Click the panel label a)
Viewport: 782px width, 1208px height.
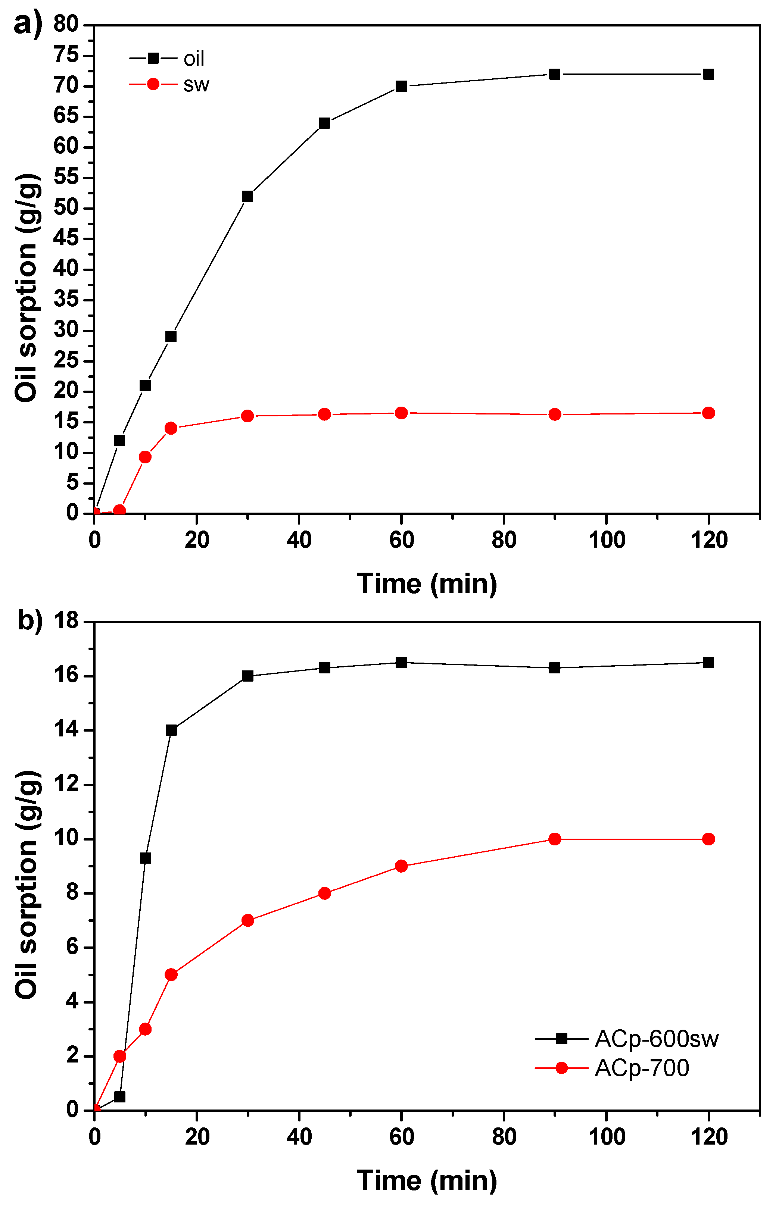[x=28, y=24]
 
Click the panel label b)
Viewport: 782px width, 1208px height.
[x=30, y=620]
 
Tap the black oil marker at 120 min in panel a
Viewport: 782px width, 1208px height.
[x=708, y=75]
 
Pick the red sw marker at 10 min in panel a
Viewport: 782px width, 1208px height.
[x=145, y=457]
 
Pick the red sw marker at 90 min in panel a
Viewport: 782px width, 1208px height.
[x=555, y=414]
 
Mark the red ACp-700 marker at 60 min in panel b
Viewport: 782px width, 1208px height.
[x=401, y=866]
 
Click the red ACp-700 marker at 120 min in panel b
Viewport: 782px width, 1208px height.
[x=708, y=839]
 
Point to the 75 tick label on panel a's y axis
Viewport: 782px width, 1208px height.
[x=66, y=55]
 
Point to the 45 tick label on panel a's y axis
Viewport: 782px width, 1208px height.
[x=66, y=238]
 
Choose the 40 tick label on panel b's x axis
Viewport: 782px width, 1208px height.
[x=299, y=1137]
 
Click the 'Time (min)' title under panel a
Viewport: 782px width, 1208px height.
[x=427, y=584]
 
